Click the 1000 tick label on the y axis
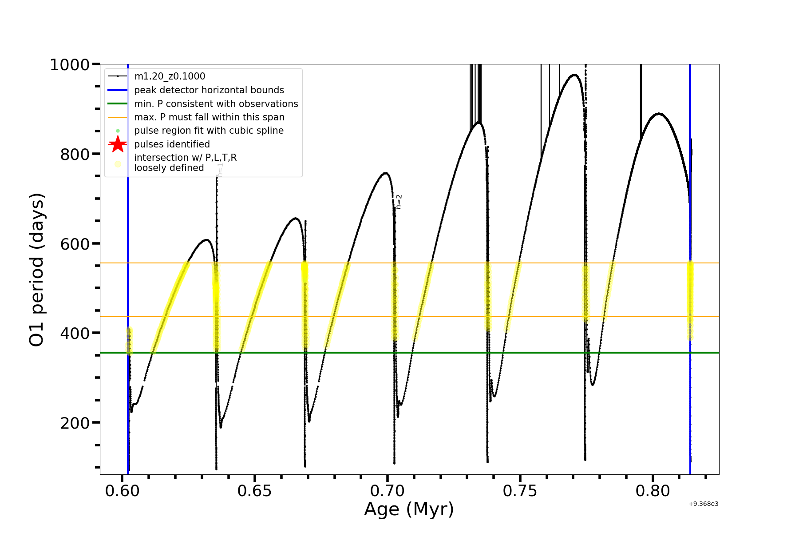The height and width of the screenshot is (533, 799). coord(70,65)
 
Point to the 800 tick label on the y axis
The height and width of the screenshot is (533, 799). coord(75,154)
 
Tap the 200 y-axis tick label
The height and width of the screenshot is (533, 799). coord(75,423)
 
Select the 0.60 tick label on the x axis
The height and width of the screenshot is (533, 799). coord(123,491)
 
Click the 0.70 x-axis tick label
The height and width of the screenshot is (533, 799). coord(388,491)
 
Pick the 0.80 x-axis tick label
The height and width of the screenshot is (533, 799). coord(653,491)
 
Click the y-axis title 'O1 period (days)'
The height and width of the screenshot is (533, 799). coord(37,270)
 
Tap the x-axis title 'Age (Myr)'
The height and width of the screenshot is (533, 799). coord(409,509)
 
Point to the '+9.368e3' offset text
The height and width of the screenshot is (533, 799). coord(703,504)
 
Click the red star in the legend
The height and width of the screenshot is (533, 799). coord(118,144)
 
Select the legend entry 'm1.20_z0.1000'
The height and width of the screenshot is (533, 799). coord(170,76)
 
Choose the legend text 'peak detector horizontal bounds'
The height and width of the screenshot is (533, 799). coord(209,90)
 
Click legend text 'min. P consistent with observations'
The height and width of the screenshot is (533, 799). coord(216,103)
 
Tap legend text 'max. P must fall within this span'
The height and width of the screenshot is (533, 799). coord(209,117)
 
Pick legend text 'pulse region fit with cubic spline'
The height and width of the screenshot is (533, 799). coord(209,131)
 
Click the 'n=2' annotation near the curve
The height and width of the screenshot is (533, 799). coord(399,201)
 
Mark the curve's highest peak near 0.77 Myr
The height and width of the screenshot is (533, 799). coord(574,75)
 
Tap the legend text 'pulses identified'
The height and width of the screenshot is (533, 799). coord(172,144)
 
